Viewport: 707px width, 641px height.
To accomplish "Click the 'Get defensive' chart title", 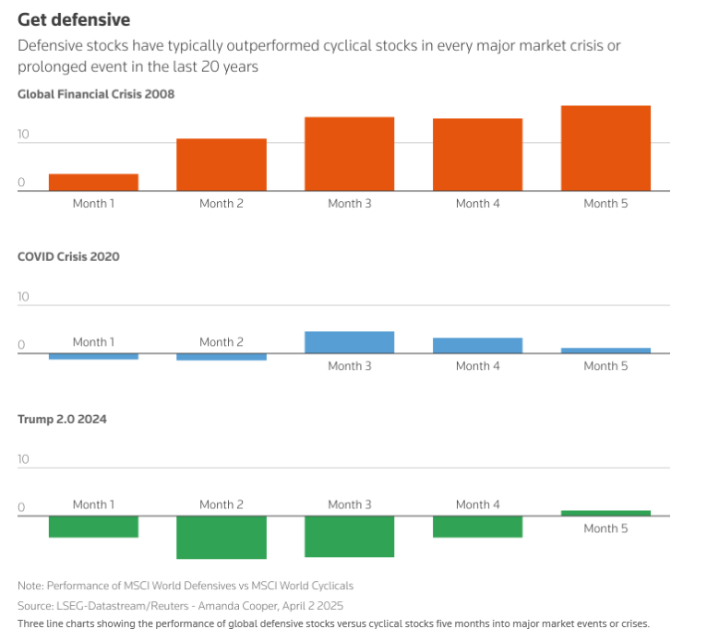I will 74,19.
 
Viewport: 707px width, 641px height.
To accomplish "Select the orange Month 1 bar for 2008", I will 93,182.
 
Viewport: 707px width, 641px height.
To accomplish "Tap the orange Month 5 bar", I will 605,148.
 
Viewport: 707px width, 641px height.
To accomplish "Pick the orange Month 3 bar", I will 349,154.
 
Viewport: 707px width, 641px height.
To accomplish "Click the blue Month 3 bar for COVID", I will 349,342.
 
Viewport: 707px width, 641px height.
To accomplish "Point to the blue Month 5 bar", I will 605,350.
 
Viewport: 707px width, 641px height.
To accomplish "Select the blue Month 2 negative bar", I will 222,356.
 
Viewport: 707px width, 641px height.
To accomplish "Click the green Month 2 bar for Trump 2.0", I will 222,537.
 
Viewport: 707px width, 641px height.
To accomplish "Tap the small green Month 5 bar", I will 605,513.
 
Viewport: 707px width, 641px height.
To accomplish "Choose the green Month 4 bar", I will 477,527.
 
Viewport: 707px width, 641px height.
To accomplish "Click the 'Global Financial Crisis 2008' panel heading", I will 96,94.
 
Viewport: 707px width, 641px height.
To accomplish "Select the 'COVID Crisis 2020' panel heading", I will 68,256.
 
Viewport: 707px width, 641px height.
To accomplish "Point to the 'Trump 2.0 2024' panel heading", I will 62,419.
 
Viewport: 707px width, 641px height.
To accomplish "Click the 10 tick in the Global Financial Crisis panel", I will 23,135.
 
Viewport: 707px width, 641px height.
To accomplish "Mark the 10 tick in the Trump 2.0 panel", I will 23,459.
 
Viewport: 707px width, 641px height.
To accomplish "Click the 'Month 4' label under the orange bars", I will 477,203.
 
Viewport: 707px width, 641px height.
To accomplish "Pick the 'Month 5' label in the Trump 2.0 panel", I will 605,528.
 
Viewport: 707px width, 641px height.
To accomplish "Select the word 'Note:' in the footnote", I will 30,586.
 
